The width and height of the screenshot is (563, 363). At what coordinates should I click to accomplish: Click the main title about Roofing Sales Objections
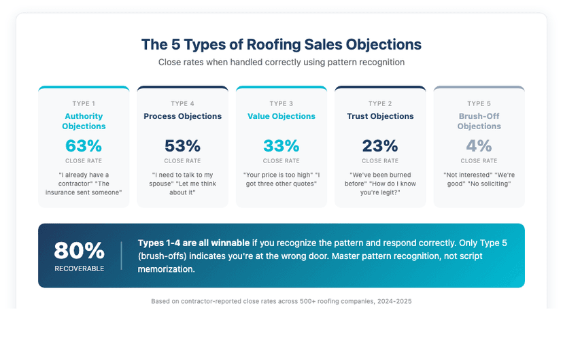pos(281,45)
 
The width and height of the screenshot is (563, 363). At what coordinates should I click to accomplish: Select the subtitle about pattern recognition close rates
pos(281,62)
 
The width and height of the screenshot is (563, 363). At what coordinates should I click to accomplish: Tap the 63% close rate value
pos(84,145)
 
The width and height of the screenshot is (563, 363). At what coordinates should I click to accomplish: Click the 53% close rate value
pos(182,145)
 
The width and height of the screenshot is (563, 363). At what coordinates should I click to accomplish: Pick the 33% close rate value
pos(281,145)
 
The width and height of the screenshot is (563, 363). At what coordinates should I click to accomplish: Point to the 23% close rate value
pos(380,145)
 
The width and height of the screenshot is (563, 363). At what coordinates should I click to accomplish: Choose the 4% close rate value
pos(479,145)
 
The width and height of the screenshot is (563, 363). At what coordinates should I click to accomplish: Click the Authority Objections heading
pos(84,121)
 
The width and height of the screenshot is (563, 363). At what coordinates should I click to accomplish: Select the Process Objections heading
pos(182,116)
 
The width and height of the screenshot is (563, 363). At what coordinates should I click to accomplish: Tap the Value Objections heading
pos(281,116)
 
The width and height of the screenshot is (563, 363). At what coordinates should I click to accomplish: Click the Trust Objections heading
pos(380,116)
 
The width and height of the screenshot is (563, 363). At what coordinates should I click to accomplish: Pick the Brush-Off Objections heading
pos(479,121)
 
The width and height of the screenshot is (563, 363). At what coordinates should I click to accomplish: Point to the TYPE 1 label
pos(84,104)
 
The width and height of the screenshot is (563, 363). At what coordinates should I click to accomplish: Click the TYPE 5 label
pos(479,104)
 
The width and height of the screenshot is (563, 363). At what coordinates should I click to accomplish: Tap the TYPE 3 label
pos(281,104)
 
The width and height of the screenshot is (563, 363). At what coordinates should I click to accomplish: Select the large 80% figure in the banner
pos(79,251)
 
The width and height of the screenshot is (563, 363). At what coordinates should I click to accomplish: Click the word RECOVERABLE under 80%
pos(79,269)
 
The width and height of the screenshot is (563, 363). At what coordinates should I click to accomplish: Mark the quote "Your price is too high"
pos(275,175)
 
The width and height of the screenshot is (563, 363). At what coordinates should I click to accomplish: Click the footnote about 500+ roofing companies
pos(281,300)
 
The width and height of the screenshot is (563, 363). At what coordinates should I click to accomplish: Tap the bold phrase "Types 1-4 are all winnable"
pos(194,243)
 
